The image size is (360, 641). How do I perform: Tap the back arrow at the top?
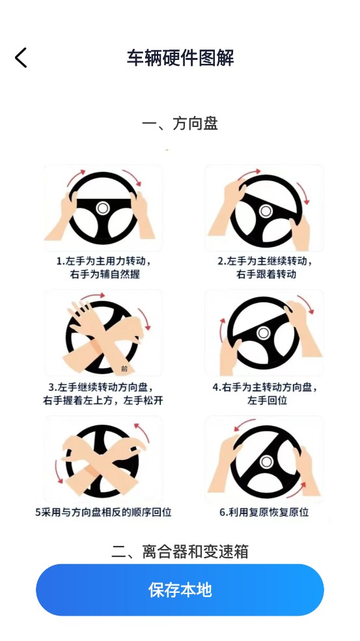tap(21, 57)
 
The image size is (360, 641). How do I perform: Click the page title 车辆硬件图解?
tap(180, 57)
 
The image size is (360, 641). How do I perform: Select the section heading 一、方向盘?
tap(180, 124)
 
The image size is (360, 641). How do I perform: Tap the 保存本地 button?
tap(180, 590)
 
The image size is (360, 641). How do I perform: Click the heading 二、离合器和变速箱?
tap(180, 552)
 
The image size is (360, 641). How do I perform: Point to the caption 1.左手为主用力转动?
tap(104, 261)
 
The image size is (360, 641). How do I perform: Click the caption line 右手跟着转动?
tap(266, 274)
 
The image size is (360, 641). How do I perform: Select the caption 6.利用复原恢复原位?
tap(264, 512)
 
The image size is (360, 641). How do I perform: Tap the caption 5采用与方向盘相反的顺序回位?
tap(104, 512)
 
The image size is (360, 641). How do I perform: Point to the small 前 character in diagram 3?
tap(124, 369)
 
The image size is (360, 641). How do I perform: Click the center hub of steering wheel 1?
tap(103, 208)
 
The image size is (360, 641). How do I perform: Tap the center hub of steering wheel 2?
tap(266, 211)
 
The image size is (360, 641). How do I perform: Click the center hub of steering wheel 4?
tap(263, 333)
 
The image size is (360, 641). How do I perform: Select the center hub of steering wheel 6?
tap(266, 462)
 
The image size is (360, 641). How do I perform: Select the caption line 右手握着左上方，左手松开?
tap(104, 400)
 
